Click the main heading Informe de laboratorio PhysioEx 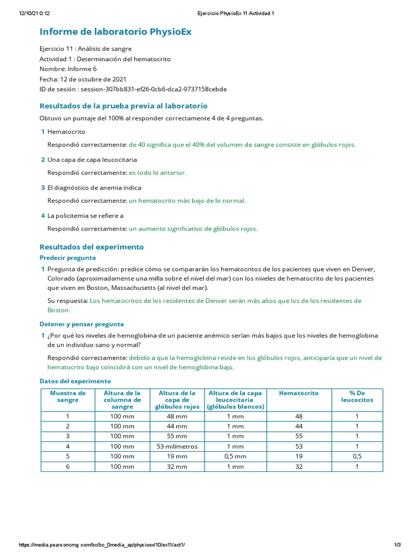(116, 32)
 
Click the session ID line (133, 89)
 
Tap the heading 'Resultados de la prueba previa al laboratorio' (123, 106)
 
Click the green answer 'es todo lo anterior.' (158, 173)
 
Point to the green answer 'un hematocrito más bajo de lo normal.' (187, 201)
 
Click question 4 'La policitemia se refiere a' (85, 216)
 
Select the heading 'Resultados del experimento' (92, 247)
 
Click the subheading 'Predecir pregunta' (68, 258)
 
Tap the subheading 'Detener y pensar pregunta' (82, 324)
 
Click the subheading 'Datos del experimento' (75, 381)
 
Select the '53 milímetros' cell (177, 446)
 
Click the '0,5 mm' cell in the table (235, 456)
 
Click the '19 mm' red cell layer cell (177, 456)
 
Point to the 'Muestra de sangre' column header (68, 396)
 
